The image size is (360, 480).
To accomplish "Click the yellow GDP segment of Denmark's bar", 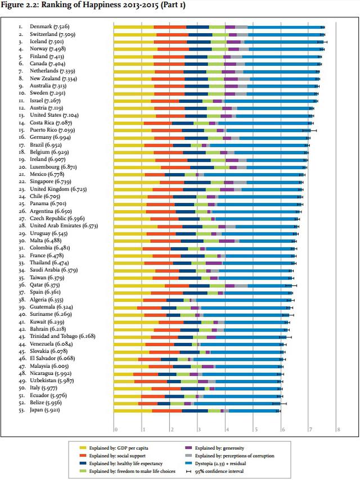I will [x=133, y=26].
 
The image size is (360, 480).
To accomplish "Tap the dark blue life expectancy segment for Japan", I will [x=195, y=411].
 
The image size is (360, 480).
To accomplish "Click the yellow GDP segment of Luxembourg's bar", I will [x=137, y=167].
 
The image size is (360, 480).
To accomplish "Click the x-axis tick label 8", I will [x=338, y=430].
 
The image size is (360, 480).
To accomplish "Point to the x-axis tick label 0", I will [x=115, y=430].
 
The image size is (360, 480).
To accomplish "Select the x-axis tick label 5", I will [x=255, y=430].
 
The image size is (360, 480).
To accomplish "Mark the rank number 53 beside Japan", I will [x=21, y=411].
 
